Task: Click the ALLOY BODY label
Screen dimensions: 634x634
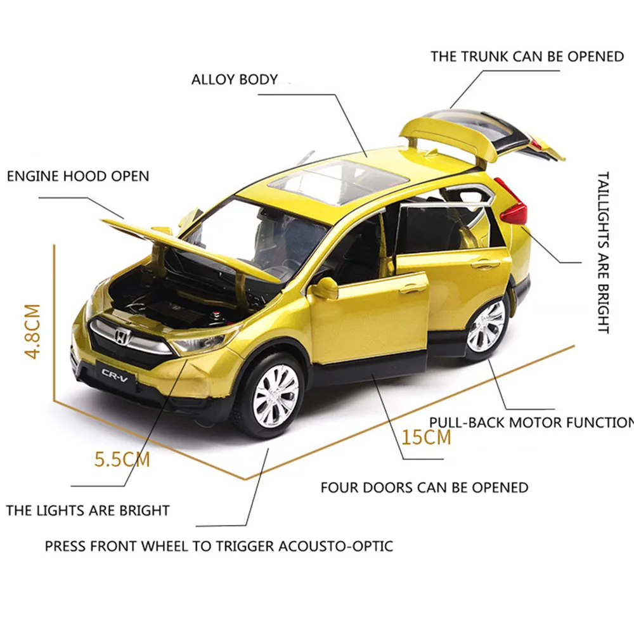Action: [x=235, y=80]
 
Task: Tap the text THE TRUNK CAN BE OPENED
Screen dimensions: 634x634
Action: [x=527, y=56]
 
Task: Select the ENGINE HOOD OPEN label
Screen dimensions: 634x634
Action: [x=78, y=176]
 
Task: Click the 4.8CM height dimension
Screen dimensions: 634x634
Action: [x=32, y=332]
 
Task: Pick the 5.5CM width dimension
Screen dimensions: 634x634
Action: [x=122, y=458]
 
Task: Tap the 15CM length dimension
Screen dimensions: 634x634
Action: [x=426, y=437]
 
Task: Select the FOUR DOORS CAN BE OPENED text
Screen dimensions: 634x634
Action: [x=424, y=488]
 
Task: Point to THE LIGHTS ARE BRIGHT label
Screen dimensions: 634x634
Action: [x=88, y=510]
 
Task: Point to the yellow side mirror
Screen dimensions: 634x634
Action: [x=324, y=288]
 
